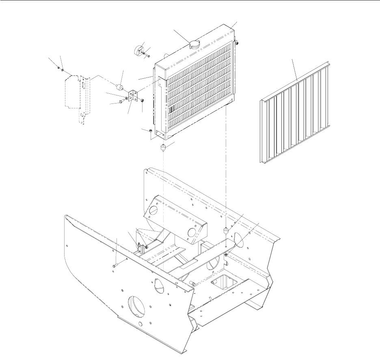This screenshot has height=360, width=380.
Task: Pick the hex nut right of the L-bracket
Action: pyautogui.click(x=143, y=99)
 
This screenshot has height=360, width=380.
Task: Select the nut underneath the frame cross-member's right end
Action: pyautogui.click(x=226, y=255)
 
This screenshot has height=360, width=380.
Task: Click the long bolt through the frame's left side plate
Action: pyautogui.click(x=115, y=266)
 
